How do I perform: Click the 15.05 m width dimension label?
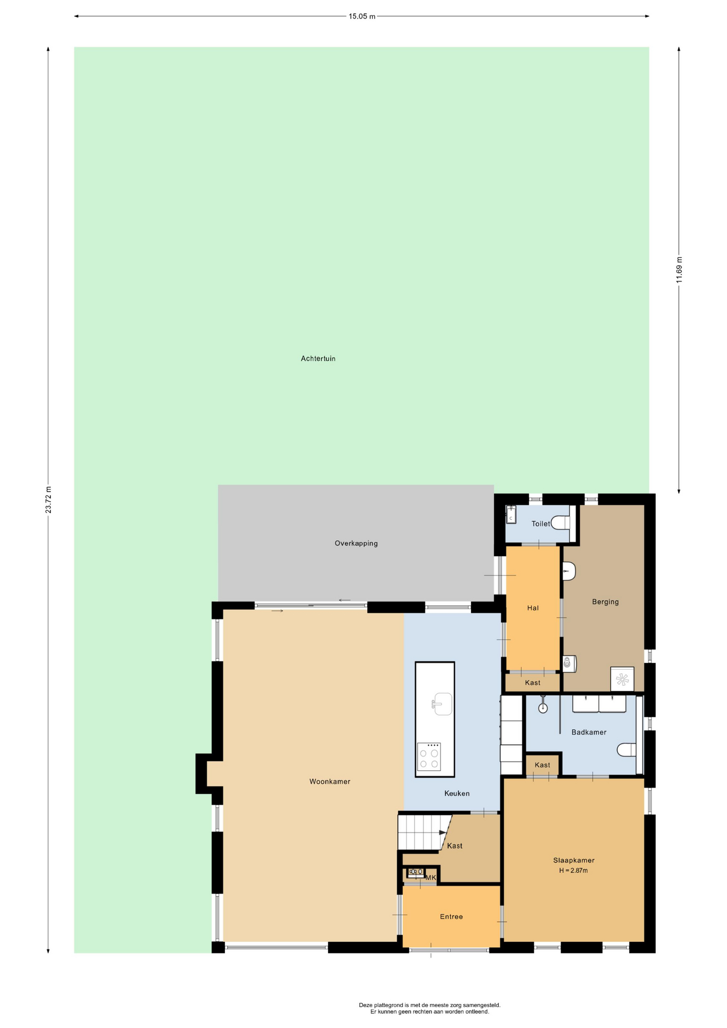(x=362, y=17)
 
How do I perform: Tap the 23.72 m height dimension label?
(x=48, y=500)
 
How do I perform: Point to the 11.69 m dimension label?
(x=679, y=270)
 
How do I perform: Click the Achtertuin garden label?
(x=318, y=359)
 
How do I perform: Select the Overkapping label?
(x=356, y=543)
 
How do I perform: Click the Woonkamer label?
(x=330, y=782)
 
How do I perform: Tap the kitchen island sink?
(x=442, y=704)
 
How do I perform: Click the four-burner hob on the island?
(x=429, y=757)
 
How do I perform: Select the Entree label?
(x=451, y=917)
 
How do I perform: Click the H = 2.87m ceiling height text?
(x=573, y=871)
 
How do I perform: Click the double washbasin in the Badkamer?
(x=599, y=704)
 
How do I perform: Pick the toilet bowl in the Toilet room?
(x=561, y=522)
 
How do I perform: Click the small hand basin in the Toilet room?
(x=511, y=515)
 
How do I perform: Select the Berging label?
(x=605, y=602)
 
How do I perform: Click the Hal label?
(x=533, y=608)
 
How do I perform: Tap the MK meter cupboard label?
(x=430, y=878)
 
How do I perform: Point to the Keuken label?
(x=457, y=793)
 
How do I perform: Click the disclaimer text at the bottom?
(x=429, y=1008)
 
